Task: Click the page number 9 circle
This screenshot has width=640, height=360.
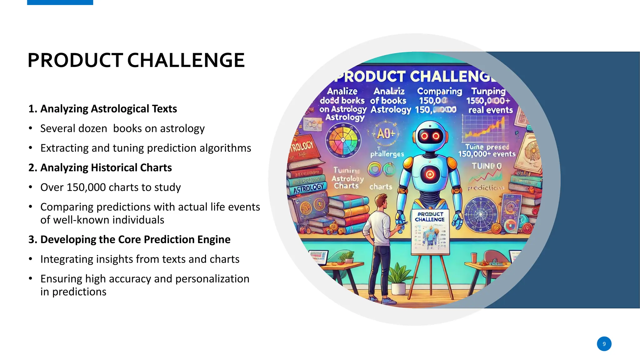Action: click(x=604, y=344)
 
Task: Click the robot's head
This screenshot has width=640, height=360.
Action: click(x=430, y=136)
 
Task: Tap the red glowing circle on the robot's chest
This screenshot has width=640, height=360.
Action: click(x=430, y=174)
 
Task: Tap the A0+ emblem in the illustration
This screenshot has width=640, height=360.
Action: click(x=386, y=134)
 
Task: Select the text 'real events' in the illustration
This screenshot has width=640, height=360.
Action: click(x=490, y=110)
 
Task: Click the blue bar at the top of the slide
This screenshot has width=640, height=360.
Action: click(x=60, y=2)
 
